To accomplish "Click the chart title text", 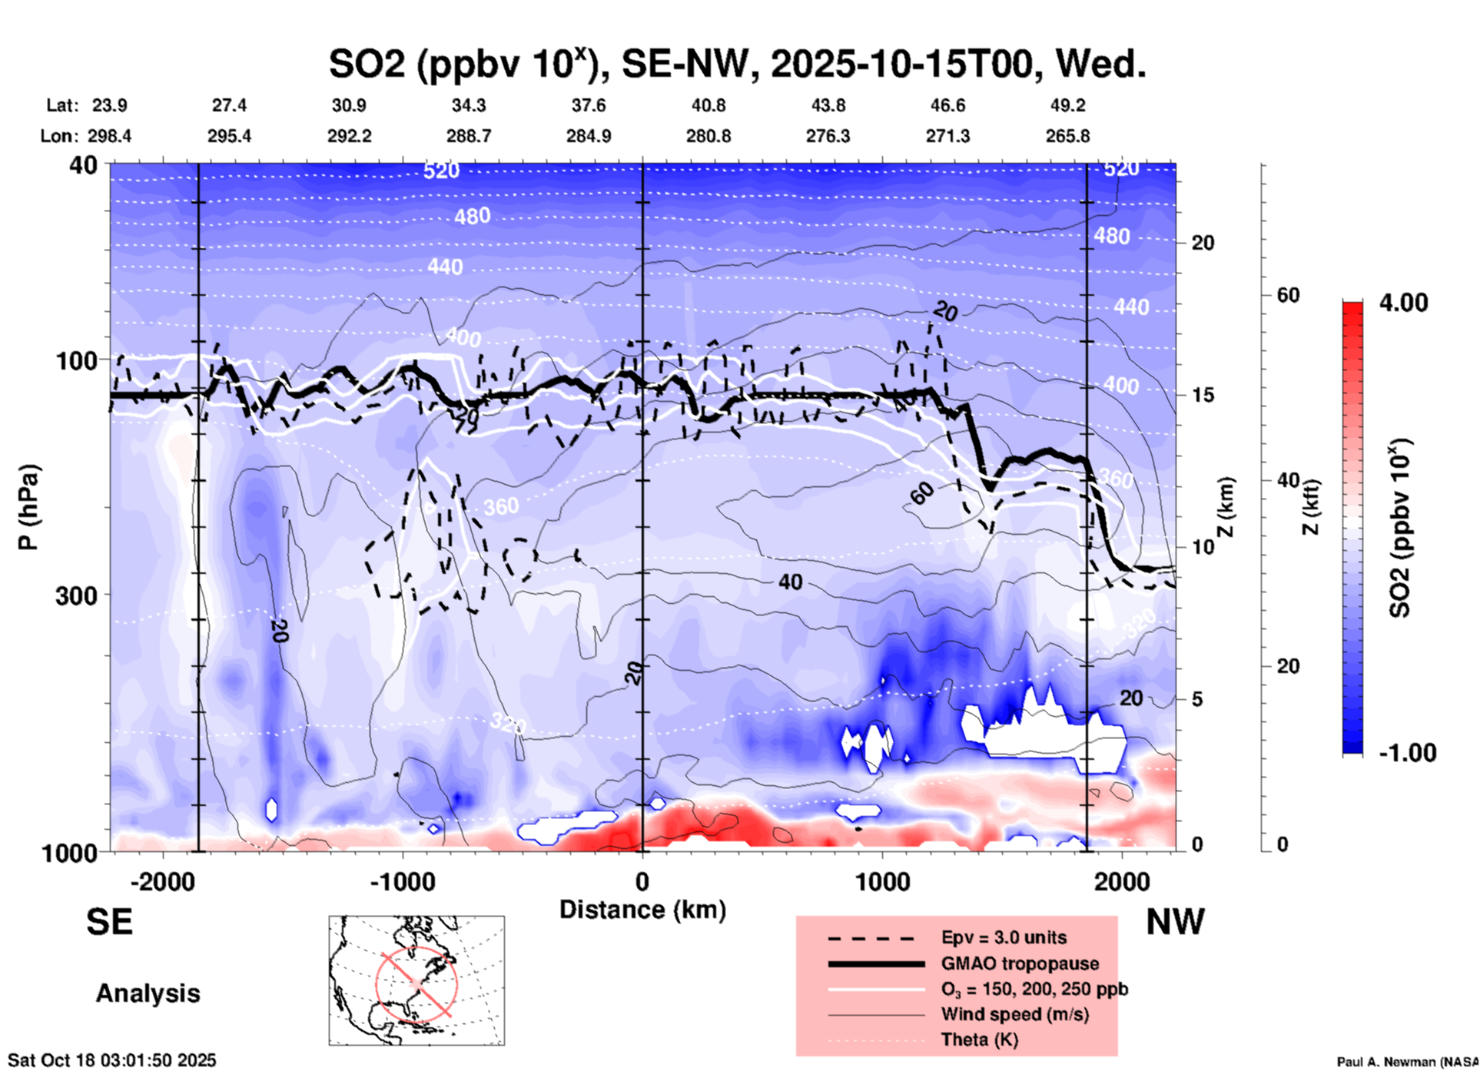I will coord(738,63).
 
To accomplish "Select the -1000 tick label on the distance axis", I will coord(401,881).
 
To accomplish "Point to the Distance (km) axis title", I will coord(642,910).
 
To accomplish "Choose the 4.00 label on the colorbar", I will coord(1403,303).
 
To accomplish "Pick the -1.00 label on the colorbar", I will coord(1407,753).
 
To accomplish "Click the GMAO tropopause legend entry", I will coord(1020,963).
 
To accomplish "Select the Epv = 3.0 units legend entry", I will coord(1004,937).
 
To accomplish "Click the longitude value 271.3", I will coord(947,136).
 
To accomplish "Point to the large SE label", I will coord(109,922).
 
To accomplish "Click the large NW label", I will coord(1175,922).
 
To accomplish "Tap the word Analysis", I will coord(148,993).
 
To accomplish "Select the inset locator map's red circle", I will coord(416,983).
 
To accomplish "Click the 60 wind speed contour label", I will coord(922,492).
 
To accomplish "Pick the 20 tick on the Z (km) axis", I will coord(1203,244).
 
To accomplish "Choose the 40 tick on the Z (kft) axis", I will coord(1288,481).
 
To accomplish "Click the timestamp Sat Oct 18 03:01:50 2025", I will coord(112,1060).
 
